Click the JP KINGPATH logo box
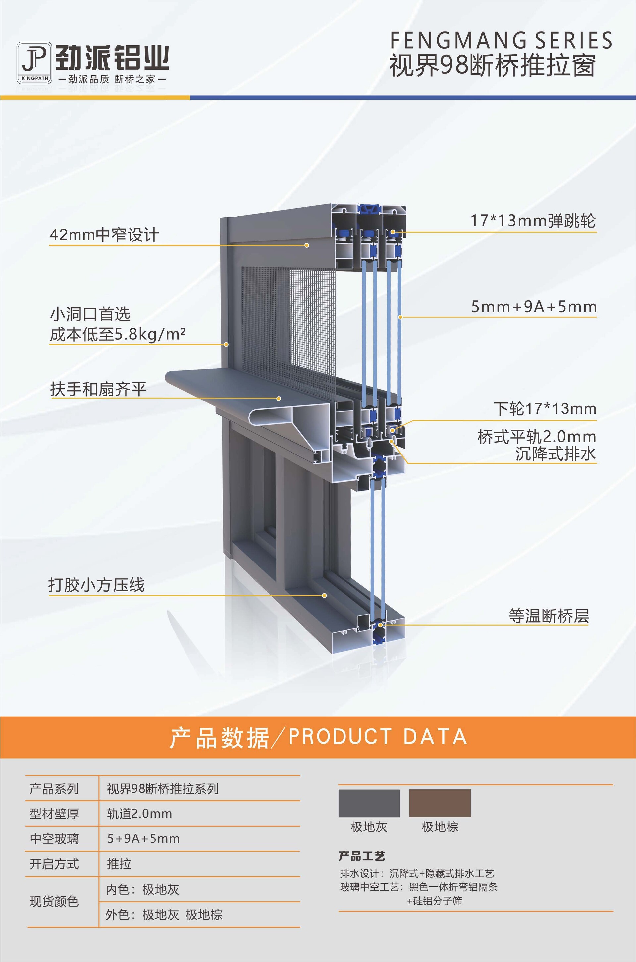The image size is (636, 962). coord(34,63)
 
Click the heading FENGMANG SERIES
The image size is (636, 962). coord(501,41)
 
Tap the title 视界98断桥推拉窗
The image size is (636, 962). coord(493,65)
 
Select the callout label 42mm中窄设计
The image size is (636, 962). coord(104,235)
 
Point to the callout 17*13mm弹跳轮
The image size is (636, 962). coord(533,221)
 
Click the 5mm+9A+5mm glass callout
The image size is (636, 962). coord(534,307)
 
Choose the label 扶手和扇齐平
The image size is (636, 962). coord(98,389)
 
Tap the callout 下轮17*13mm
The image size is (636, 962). coord(545,409)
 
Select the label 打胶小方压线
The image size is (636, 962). coord(96,585)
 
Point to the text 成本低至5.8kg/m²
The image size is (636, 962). coord(118,335)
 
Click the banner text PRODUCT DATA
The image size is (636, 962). coord(378,736)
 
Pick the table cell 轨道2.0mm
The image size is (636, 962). coord(139,814)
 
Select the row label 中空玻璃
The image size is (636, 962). coord(54,839)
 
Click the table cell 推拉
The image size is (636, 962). coord(119,864)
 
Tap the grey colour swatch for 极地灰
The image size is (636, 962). coord(369,803)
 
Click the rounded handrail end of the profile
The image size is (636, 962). coord(172,378)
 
